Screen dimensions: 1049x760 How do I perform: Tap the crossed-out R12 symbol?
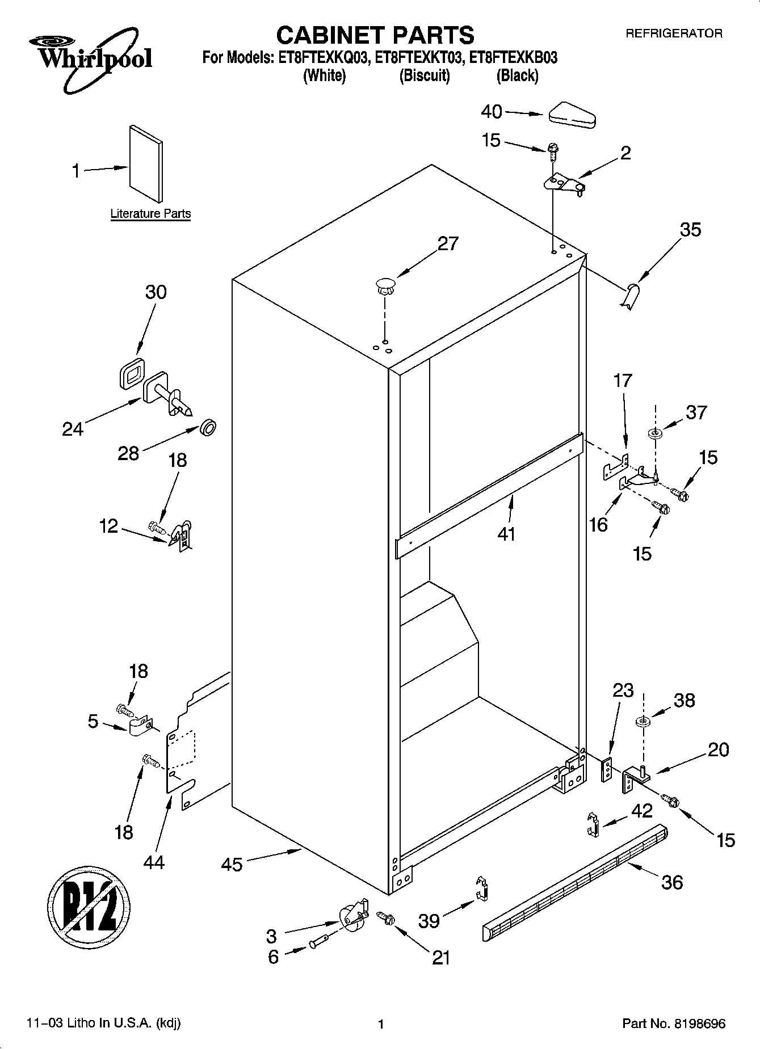[88, 907]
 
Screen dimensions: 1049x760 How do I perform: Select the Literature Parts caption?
[150, 214]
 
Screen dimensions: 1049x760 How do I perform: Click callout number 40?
[491, 112]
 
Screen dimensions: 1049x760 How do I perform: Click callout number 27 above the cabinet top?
[447, 243]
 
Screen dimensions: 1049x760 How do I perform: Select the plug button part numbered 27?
[385, 285]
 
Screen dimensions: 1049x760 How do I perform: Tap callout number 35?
[690, 230]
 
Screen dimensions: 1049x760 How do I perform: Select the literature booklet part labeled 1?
[146, 163]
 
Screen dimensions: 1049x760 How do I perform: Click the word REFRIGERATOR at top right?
[674, 33]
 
